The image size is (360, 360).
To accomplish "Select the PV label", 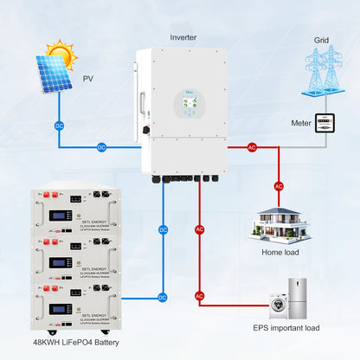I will tap(87, 79).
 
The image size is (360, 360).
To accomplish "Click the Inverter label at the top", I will tap(183, 37).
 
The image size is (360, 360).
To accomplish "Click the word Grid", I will tap(321, 40).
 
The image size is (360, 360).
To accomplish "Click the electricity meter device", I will tap(324, 123).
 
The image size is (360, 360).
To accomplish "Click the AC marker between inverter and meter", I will tap(253, 147).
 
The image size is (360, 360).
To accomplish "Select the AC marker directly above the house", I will tap(279, 185).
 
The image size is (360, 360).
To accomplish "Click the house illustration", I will tap(280, 222).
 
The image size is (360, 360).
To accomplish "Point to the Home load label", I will tap(280, 252).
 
